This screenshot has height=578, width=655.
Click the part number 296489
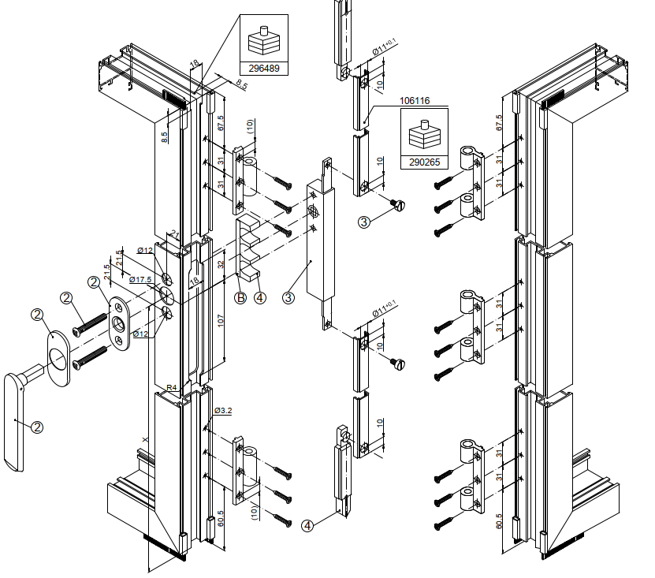[264, 69]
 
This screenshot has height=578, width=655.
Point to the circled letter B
[240, 297]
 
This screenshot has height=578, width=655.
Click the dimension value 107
[221, 321]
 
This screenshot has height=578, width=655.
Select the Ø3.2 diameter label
[223, 411]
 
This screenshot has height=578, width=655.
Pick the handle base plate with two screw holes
[120, 321]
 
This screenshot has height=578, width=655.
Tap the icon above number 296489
[264, 39]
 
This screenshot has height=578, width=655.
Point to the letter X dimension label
[144, 438]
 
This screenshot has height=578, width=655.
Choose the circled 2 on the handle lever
[36, 427]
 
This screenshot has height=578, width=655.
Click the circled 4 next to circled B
[261, 297]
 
